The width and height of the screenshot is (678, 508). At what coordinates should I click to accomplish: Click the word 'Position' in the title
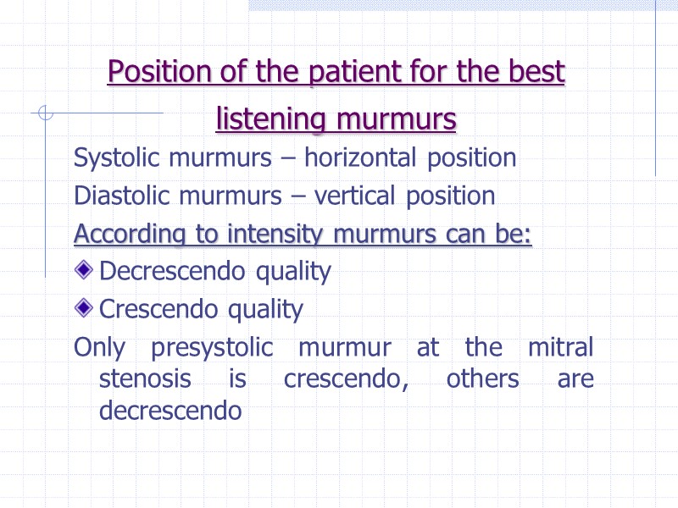(x=155, y=73)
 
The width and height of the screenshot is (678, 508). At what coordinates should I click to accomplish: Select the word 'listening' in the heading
(x=271, y=119)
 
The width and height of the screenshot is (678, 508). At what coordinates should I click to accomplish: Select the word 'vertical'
(x=354, y=196)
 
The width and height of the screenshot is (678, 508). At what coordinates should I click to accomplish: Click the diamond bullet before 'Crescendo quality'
(x=84, y=309)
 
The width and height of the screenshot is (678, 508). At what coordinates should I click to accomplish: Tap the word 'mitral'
(x=560, y=348)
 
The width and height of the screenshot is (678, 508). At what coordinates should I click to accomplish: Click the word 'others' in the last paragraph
(x=482, y=379)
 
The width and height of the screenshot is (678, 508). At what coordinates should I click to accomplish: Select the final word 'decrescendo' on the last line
(x=170, y=411)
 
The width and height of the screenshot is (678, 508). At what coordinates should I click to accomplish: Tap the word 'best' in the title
(x=536, y=73)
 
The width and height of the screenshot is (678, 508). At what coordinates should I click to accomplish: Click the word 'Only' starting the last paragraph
(x=98, y=348)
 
